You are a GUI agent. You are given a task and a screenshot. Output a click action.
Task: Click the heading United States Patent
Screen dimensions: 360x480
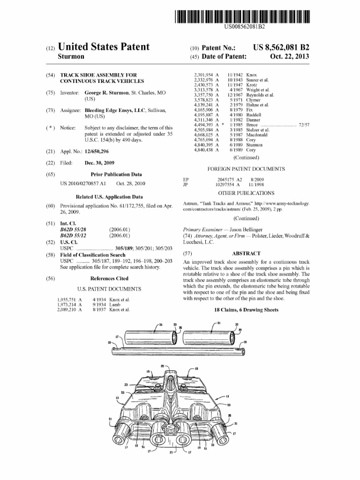[103, 47]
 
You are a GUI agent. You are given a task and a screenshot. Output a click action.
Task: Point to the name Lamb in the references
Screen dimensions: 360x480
[114, 304]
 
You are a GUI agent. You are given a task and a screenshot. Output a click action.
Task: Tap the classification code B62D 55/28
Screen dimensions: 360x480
[74, 229]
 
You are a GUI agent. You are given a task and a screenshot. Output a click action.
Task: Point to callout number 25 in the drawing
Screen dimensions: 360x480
[163, 365]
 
